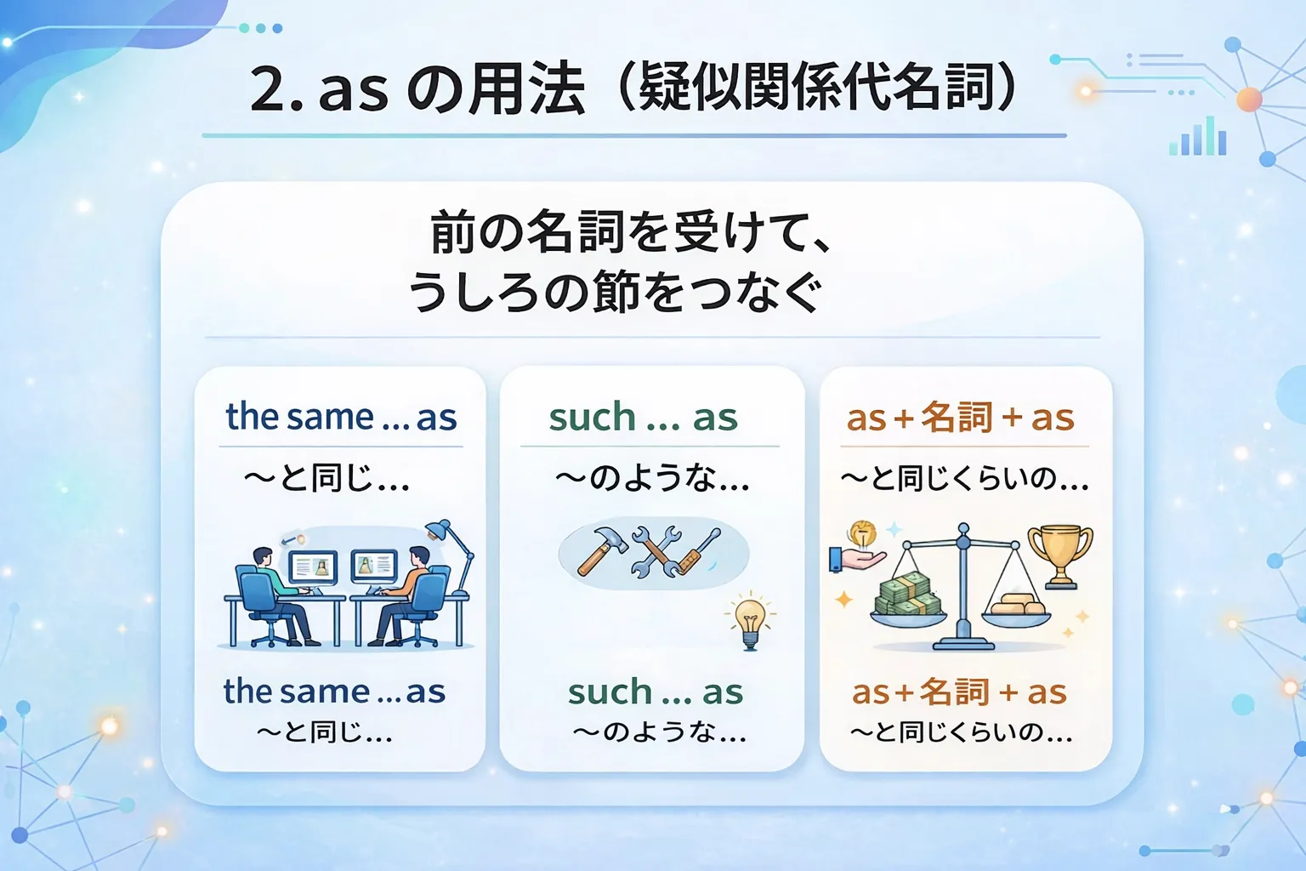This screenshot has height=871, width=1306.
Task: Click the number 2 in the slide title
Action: point(270,89)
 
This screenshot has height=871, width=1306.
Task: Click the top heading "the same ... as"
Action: point(341,417)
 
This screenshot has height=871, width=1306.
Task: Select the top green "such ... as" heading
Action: point(643,417)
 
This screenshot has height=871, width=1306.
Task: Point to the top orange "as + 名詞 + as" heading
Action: point(960,418)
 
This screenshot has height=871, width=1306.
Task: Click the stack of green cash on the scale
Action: point(908,594)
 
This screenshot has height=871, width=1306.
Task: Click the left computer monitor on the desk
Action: point(313,567)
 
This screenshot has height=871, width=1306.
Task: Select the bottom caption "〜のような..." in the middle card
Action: point(659,732)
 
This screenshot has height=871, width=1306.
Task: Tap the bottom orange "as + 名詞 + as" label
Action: point(959,692)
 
